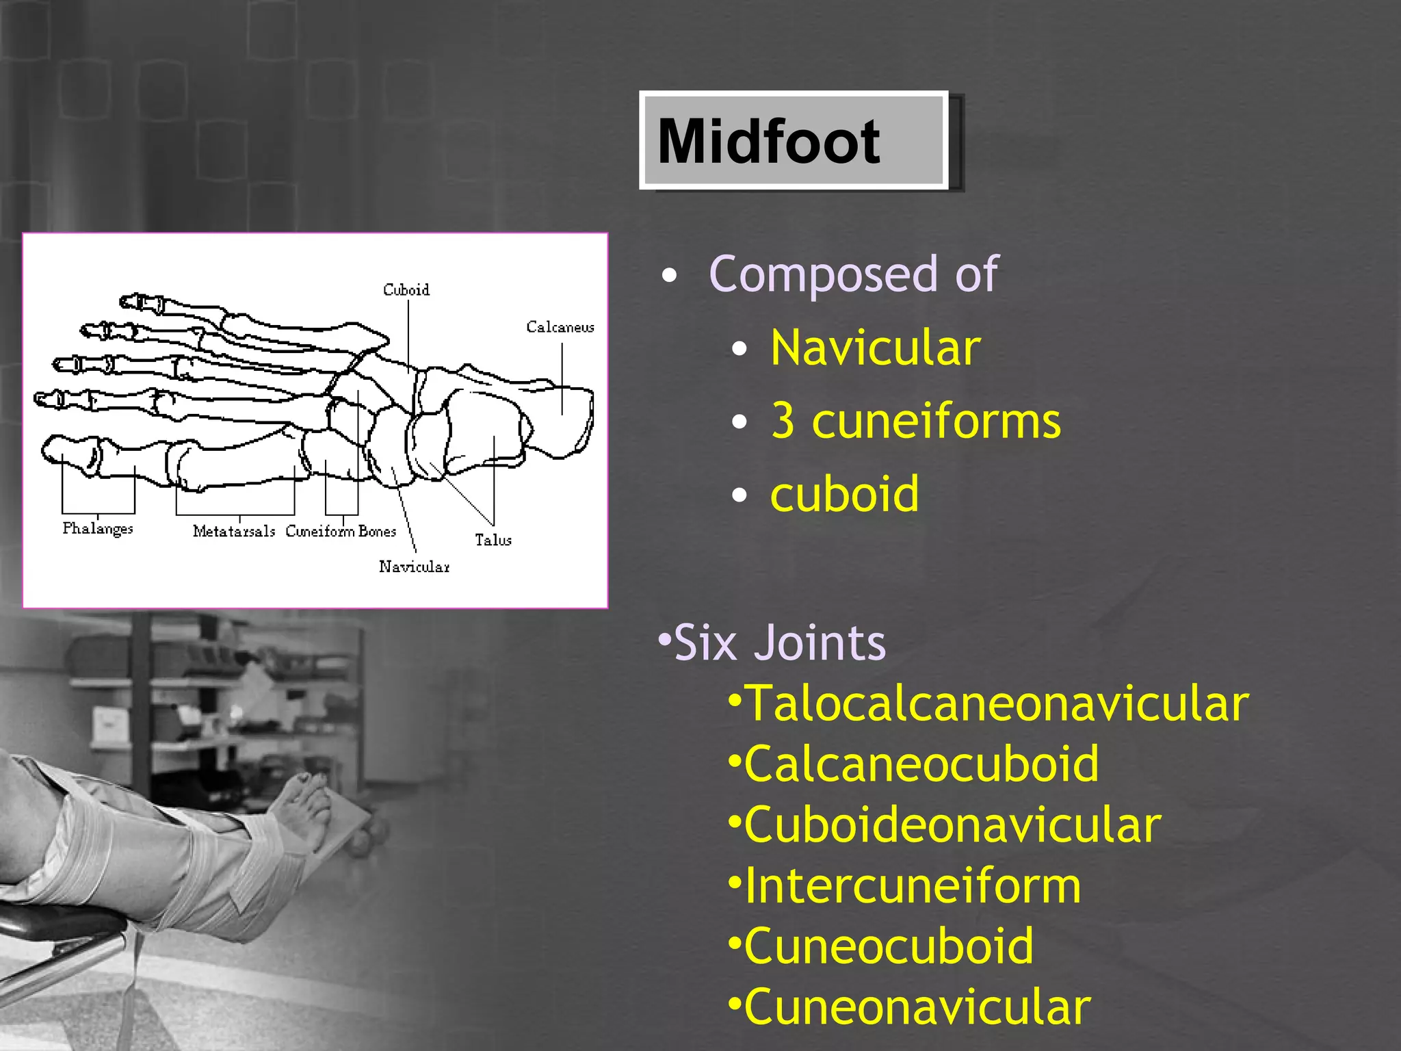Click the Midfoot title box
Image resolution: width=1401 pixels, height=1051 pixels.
tap(794, 140)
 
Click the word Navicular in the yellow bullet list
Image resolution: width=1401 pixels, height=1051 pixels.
tap(875, 348)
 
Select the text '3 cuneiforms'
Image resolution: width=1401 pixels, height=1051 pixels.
tap(915, 421)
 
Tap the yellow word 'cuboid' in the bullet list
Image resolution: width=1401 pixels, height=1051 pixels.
tap(844, 493)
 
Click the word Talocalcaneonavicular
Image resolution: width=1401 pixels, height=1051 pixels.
tap(996, 703)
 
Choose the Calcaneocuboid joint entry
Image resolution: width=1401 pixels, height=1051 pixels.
tap(921, 764)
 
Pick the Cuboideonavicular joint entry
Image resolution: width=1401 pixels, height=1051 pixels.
tap(952, 825)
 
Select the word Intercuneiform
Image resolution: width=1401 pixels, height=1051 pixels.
tap(912, 885)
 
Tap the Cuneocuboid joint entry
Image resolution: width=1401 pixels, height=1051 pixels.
tap(888, 946)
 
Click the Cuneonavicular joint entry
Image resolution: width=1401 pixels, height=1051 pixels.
tap(917, 1007)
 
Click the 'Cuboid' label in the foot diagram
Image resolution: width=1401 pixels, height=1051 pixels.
tap(406, 290)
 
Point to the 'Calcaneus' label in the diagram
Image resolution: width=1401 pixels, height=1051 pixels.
tap(560, 327)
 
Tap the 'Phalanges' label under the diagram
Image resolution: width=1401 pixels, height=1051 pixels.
tap(98, 529)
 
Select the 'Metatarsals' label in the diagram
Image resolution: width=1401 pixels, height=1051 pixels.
tap(234, 531)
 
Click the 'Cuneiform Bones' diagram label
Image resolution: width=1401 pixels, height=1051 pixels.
tap(341, 531)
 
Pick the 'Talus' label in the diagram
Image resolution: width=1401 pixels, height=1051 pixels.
tap(493, 540)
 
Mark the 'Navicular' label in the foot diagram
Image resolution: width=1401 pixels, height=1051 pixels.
tap(415, 567)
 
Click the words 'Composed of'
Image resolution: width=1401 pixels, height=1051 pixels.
tap(853, 274)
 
